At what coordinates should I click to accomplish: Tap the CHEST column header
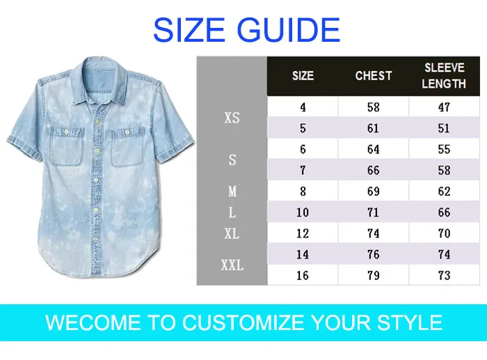tap(374, 75)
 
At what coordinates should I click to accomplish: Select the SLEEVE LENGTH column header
tap(444, 76)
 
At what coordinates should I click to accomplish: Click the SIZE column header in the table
tap(303, 75)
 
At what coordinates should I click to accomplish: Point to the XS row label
tap(232, 118)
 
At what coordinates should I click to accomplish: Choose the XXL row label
tap(232, 265)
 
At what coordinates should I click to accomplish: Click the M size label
tap(232, 191)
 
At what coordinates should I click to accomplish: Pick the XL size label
tap(232, 234)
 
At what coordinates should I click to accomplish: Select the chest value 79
tap(374, 275)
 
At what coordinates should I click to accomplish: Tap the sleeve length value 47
tap(444, 107)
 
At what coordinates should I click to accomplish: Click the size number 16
tap(303, 275)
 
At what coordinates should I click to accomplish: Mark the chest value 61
tap(374, 128)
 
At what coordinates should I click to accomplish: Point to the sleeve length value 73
tap(444, 275)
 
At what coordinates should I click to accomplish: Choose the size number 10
tap(303, 212)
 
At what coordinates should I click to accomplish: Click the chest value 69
tap(374, 191)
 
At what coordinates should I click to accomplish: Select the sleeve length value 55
tap(444, 149)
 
